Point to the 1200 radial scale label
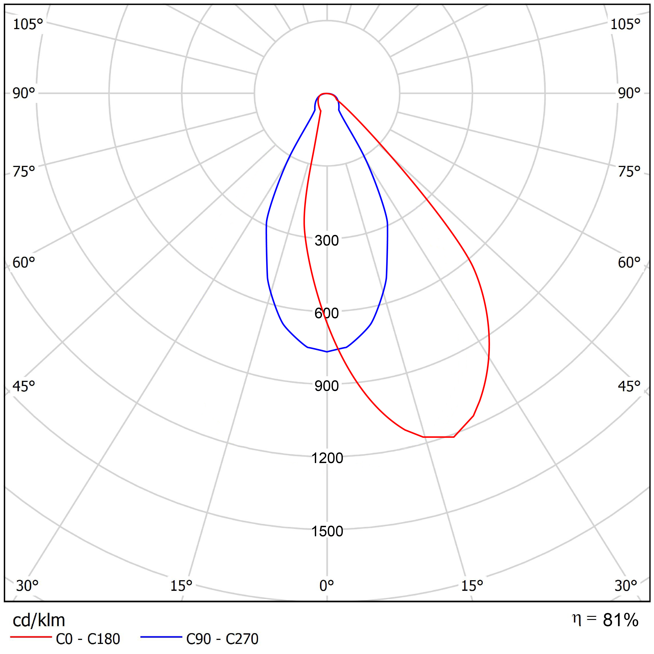[327, 458]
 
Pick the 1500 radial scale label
[327, 531]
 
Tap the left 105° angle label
[28, 24]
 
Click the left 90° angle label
[24, 93]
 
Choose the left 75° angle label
[24, 172]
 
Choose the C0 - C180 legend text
[88, 639]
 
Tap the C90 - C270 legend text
[222, 639]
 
